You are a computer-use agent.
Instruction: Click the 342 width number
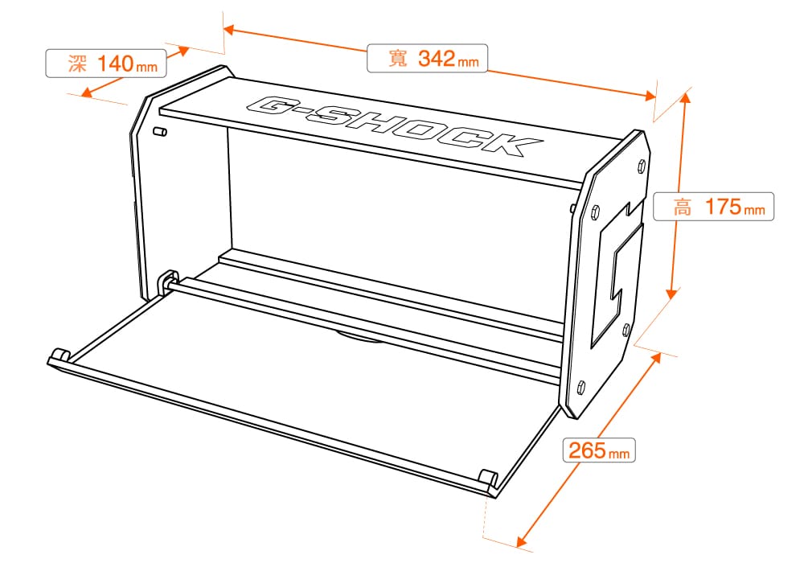pyautogui.click(x=437, y=58)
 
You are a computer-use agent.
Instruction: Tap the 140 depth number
pyautogui.click(x=115, y=64)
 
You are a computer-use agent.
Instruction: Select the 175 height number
pyautogui.click(x=723, y=207)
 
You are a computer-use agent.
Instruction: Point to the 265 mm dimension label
pyautogui.click(x=599, y=450)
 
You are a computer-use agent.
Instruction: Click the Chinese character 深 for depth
pyautogui.click(x=77, y=64)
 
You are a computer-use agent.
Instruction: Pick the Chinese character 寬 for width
pyautogui.click(x=398, y=58)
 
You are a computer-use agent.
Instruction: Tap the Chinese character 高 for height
pyautogui.click(x=683, y=208)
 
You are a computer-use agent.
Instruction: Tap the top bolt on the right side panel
pyautogui.click(x=641, y=166)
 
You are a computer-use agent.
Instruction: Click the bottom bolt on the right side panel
pyautogui.click(x=581, y=387)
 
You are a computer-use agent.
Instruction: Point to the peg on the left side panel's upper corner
pyautogui.click(x=160, y=132)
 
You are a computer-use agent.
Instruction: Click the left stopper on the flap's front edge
pyautogui.click(x=60, y=355)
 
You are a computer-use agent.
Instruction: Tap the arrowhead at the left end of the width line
pyautogui.click(x=229, y=29)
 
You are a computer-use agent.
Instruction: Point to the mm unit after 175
pyautogui.click(x=754, y=210)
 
